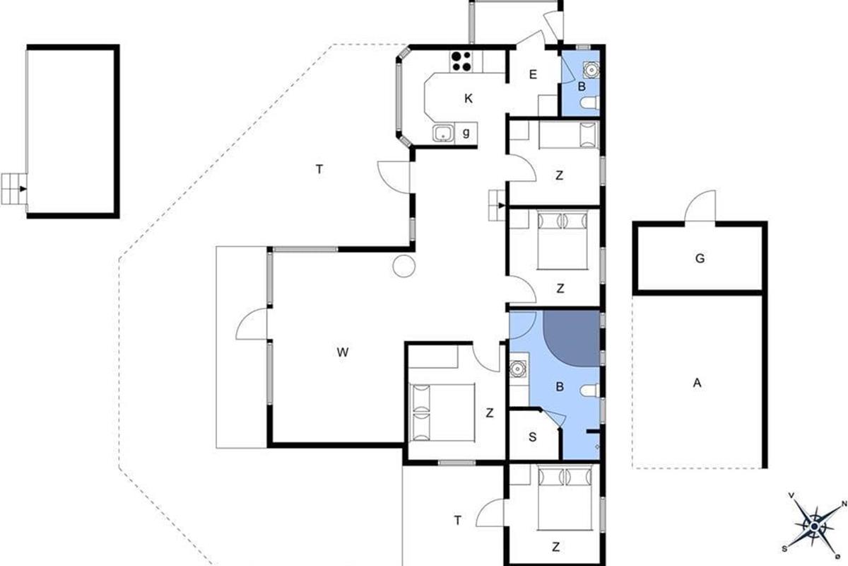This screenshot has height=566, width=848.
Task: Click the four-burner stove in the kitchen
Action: click(x=461, y=62)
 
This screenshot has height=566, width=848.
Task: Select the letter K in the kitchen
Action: click(x=469, y=98)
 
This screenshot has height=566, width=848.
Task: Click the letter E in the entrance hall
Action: click(x=533, y=74)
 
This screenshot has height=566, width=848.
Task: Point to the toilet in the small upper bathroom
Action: click(x=589, y=103)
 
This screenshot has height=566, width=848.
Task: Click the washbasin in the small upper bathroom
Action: click(x=591, y=70)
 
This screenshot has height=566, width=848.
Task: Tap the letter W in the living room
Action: click(x=343, y=352)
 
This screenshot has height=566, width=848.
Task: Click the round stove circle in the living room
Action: click(x=404, y=266)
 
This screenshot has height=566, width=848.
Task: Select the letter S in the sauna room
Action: click(x=533, y=437)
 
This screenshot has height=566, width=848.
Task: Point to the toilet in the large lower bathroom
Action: click(x=590, y=390)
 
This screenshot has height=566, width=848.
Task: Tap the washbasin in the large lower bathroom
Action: click(x=518, y=369)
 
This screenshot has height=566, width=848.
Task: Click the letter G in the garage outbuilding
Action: click(x=700, y=258)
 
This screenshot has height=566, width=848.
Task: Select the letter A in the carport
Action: click(x=697, y=383)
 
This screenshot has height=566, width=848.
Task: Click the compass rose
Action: click(x=815, y=526)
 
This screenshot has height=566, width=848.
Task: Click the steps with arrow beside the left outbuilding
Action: click(x=14, y=189)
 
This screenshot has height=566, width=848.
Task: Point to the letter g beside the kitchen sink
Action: click(x=466, y=133)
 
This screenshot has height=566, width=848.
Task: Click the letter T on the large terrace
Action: click(x=319, y=169)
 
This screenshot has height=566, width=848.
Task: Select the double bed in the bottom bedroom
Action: click(x=565, y=499)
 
